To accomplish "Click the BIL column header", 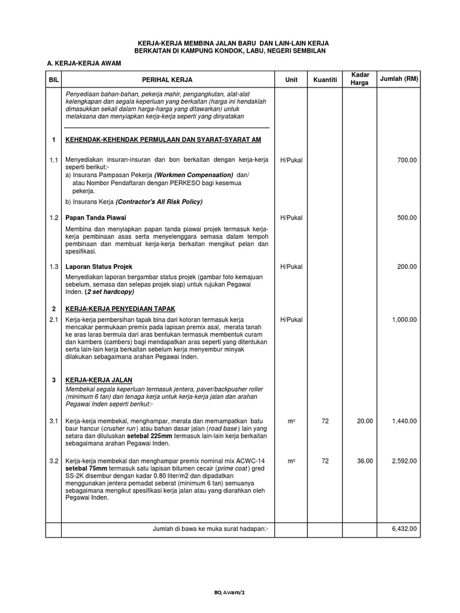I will (x=53, y=79).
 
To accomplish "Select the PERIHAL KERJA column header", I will (x=167, y=79).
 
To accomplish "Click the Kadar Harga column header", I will (x=359, y=78).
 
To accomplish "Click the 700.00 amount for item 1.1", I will (x=407, y=160).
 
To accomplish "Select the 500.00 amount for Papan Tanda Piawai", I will (x=407, y=217).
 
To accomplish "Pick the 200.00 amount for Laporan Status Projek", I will (x=407, y=266).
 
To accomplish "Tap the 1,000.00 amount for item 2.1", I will (x=404, y=320).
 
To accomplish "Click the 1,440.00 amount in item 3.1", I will (x=404, y=421).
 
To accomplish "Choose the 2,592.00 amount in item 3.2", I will (x=404, y=461).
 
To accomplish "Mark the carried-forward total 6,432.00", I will (x=404, y=529).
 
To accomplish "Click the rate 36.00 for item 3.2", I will (x=365, y=461).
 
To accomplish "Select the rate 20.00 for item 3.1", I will (x=365, y=421).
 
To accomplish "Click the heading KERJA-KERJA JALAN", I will (x=99, y=380).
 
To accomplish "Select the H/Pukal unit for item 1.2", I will (x=291, y=217).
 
